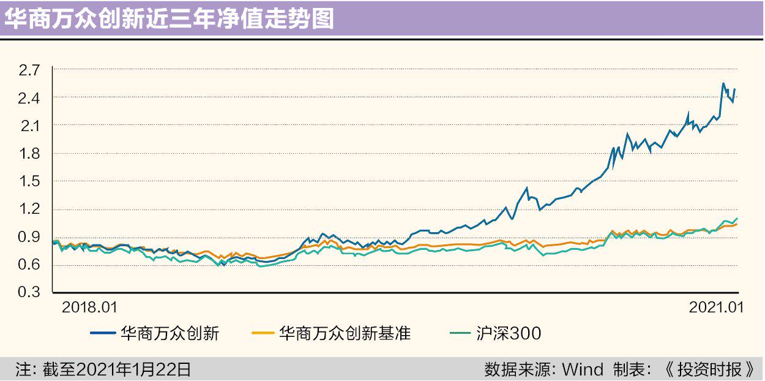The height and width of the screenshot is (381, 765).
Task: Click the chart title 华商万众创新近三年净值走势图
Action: [170, 19]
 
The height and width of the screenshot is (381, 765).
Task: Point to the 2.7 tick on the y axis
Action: [29, 70]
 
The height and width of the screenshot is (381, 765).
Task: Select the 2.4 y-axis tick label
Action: [29, 98]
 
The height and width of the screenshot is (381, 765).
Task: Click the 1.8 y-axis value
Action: [29, 154]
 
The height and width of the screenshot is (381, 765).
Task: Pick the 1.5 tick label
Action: [29, 181]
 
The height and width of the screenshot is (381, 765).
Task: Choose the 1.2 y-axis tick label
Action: [29, 209]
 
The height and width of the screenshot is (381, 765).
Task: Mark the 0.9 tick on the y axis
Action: [29, 237]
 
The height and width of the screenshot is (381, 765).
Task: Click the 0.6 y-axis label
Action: [29, 265]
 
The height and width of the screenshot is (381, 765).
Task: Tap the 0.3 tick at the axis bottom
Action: [29, 292]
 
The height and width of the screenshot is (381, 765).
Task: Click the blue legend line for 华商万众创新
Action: [103, 334]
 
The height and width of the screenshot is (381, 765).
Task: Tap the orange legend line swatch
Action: [263, 334]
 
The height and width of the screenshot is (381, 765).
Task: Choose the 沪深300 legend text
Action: [509, 334]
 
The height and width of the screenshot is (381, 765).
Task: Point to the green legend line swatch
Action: [461, 334]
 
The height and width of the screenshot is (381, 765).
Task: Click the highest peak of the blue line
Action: [723, 84]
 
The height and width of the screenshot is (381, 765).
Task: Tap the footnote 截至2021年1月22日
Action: [116, 369]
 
